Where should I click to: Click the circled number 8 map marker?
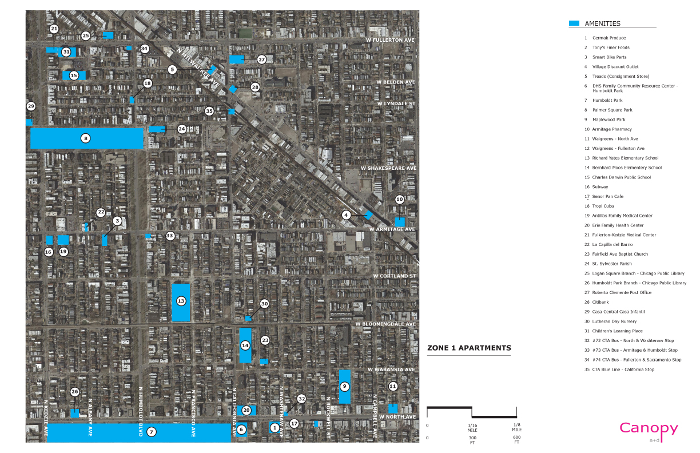pyautogui.click(x=85, y=138)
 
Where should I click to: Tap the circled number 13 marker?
pyautogui.click(x=181, y=301)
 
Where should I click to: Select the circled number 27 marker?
pyautogui.click(x=261, y=59)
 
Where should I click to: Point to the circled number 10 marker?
pyautogui.click(x=400, y=199)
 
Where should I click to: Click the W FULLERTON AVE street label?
pyautogui.click(x=389, y=40)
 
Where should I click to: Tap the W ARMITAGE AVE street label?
pyautogui.click(x=392, y=229)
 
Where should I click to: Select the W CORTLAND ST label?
pyautogui.click(x=394, y=276)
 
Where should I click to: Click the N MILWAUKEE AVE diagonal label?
pyautogui.click(x=199, y=67)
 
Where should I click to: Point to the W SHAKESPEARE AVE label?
pyautogui.click(x=388, y=168)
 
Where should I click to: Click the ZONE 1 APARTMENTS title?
pyautogui.click(x=469, y=348)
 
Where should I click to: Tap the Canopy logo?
pyautogui.click(x=649, y=429)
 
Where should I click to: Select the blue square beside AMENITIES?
pyautogui.click(x=574, y=23)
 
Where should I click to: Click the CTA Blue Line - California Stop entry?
pyautogui.click(x=623, y=369)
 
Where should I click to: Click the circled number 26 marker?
pyautogui.click(x=74, y=392)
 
